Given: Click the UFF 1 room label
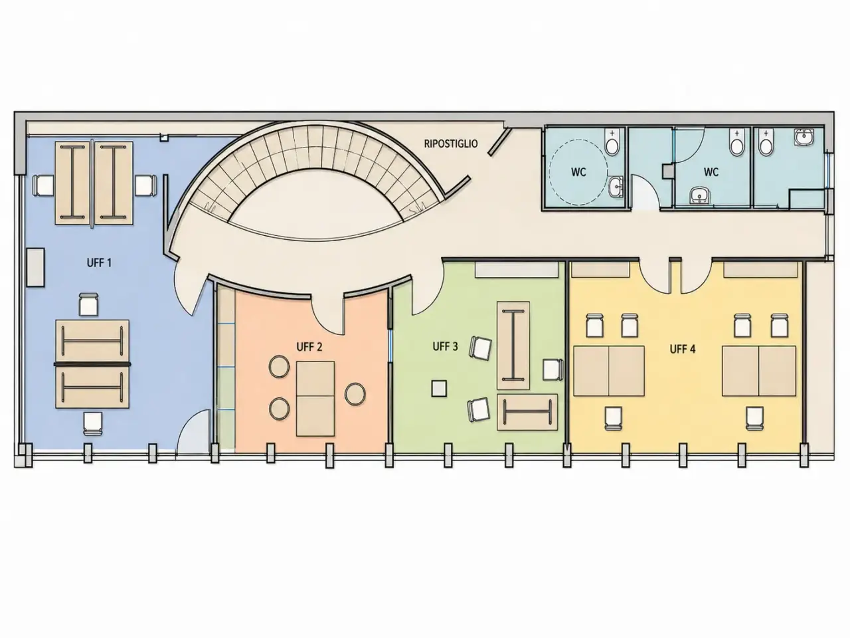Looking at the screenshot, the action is coord(99,263).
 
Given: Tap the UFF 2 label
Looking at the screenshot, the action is coord(309,347).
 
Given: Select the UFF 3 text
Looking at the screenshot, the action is coord(446,346).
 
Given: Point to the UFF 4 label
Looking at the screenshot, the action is coord(682,350).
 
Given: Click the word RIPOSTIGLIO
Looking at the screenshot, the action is coord(451,144).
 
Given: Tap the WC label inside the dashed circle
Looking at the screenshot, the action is coord(578,172).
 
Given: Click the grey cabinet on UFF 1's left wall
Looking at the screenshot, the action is coord(35,268).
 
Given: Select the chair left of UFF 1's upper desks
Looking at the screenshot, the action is coord(43,185).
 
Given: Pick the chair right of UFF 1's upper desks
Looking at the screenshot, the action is coord(146,185).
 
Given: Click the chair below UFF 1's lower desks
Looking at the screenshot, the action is coord(93,424).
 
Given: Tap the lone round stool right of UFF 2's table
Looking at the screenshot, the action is coord(355,394).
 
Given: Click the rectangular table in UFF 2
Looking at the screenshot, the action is coord(315,399).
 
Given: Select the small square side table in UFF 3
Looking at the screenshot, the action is coord(439,389).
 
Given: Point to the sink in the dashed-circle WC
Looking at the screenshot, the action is coord(616,187).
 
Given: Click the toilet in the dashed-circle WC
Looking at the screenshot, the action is coord(612,142).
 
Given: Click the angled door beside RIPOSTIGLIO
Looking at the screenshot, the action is coord(499,142).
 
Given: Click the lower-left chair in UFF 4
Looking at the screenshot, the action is coord(614,419).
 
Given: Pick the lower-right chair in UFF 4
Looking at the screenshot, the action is coord(755,419).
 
